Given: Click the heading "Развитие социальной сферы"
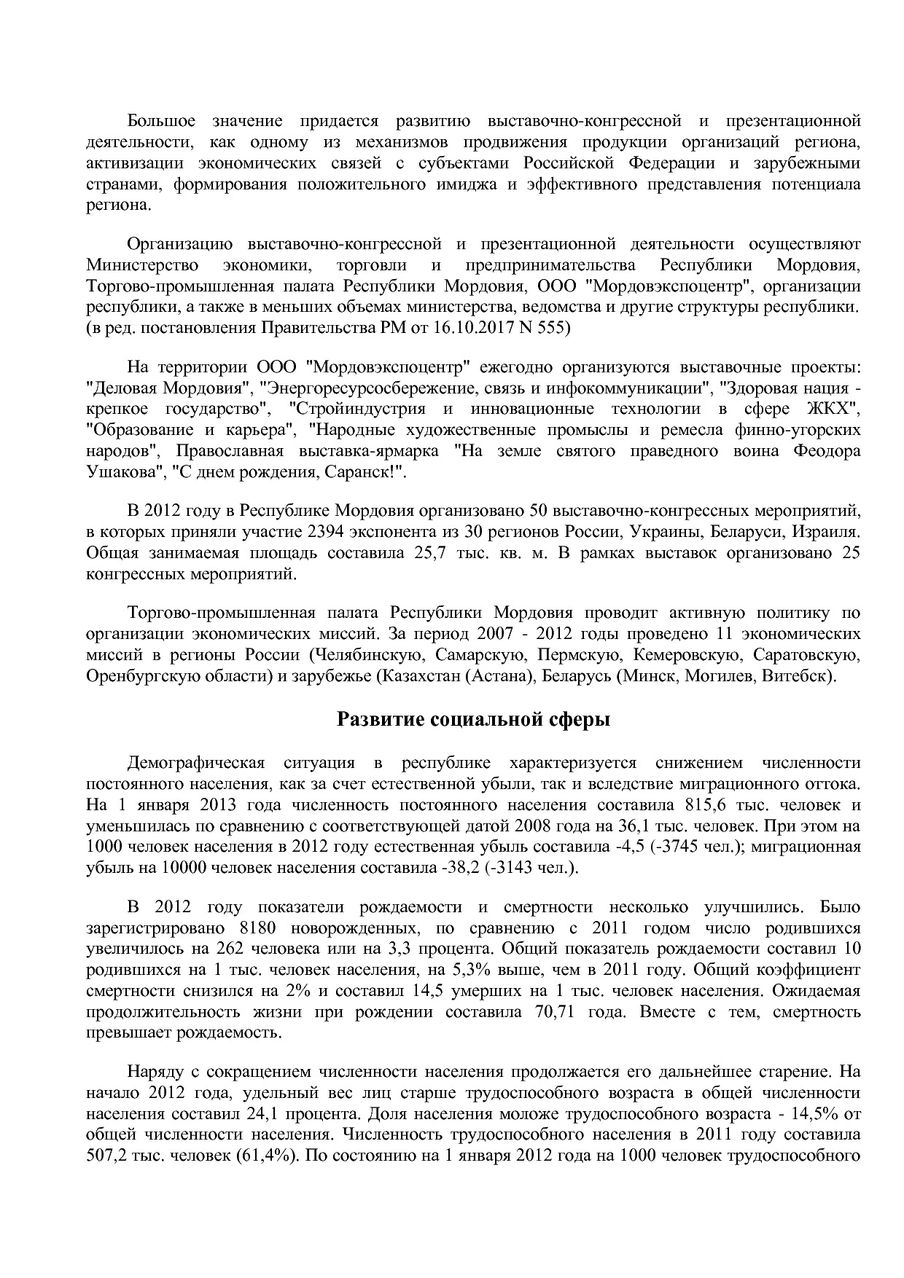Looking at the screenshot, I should coord(473,720).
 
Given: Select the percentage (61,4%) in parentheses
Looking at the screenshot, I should coord(263,1157).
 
